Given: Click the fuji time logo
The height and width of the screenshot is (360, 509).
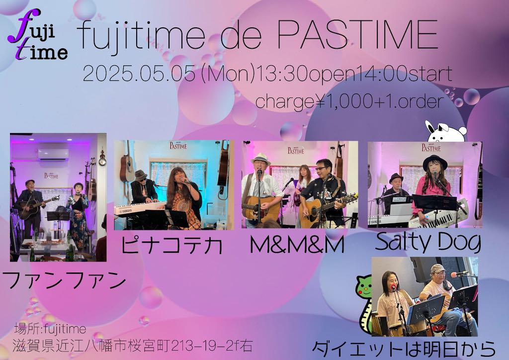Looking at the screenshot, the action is pyautogui.click(x=37, y=35).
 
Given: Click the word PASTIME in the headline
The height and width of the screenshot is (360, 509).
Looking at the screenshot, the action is pyautogui.click(x=357, y=35).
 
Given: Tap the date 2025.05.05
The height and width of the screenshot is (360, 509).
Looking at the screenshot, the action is pyautogui.click(x=139, y=74).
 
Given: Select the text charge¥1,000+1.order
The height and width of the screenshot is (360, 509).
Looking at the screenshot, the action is pyautogui.click(x=349, y=101).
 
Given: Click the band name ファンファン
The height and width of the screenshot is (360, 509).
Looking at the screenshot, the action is pyautogui.click(x=64, y=281).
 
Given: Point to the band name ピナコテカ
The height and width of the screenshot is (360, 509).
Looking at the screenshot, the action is pyautogui.click(x=171, y=245).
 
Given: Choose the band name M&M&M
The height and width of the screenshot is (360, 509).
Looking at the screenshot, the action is pyautogui.click(x=297, y=245).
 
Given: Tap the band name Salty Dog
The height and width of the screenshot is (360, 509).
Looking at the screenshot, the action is pyautogui.click(x=428, y=242).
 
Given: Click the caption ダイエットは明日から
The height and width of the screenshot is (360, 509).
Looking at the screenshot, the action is pyautogui.click(x=404, y=349).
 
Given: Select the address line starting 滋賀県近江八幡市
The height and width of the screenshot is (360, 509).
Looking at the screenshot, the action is pyautogui.click(x=133, y=346).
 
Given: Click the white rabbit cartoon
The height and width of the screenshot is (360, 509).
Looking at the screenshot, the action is pyautogui.click(x=446, y=131).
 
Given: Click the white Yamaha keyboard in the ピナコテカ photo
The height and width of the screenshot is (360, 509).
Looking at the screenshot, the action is pyautogui.click(x=140, y=208).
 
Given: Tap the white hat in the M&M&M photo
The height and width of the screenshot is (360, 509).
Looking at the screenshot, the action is pyautogui.click(x=260, y=159).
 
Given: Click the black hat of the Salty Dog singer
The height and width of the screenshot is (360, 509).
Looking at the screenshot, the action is pyautogui.click(x=435, y=161).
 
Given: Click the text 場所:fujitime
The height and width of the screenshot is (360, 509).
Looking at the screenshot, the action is pyautogui.click(x=50, y=329).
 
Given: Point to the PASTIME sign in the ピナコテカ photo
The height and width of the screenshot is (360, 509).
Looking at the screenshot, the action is pyautogui.click(x=178, y=145).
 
